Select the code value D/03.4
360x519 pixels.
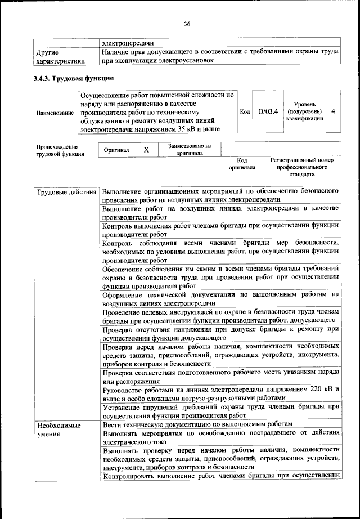coord(268,111)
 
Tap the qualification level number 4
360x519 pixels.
coord(334,111)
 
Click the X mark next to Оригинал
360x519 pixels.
coord(146,150)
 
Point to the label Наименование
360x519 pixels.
coord(55,113)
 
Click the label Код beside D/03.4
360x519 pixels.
coord(245,111)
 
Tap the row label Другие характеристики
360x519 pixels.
coord(60,56)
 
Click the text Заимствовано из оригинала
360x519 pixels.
coord(189,149)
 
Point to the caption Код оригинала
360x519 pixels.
coord(242,164)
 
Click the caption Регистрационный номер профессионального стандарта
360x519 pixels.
coord(302,167)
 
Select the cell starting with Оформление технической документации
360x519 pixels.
coord(219,298)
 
